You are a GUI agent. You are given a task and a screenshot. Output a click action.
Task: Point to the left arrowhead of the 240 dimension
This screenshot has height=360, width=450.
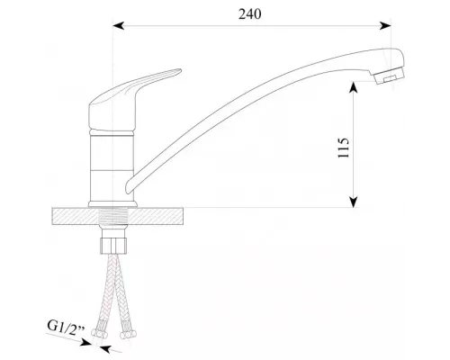(118, 26)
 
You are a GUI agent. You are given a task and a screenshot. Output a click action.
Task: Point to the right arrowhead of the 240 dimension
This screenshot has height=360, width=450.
(397, 26)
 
